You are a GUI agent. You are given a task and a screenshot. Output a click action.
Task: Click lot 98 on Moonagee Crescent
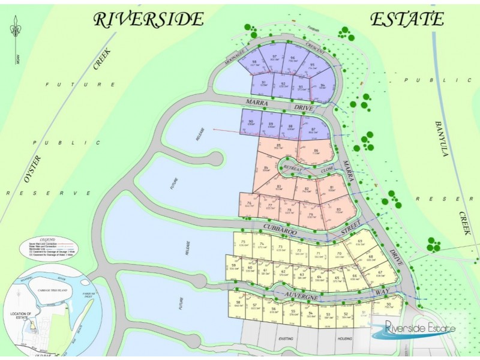(x=254, y=64)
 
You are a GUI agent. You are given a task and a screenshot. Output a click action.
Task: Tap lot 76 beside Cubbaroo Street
(x=248, y=205)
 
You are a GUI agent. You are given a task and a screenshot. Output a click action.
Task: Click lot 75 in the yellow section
(x=243, y=243)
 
